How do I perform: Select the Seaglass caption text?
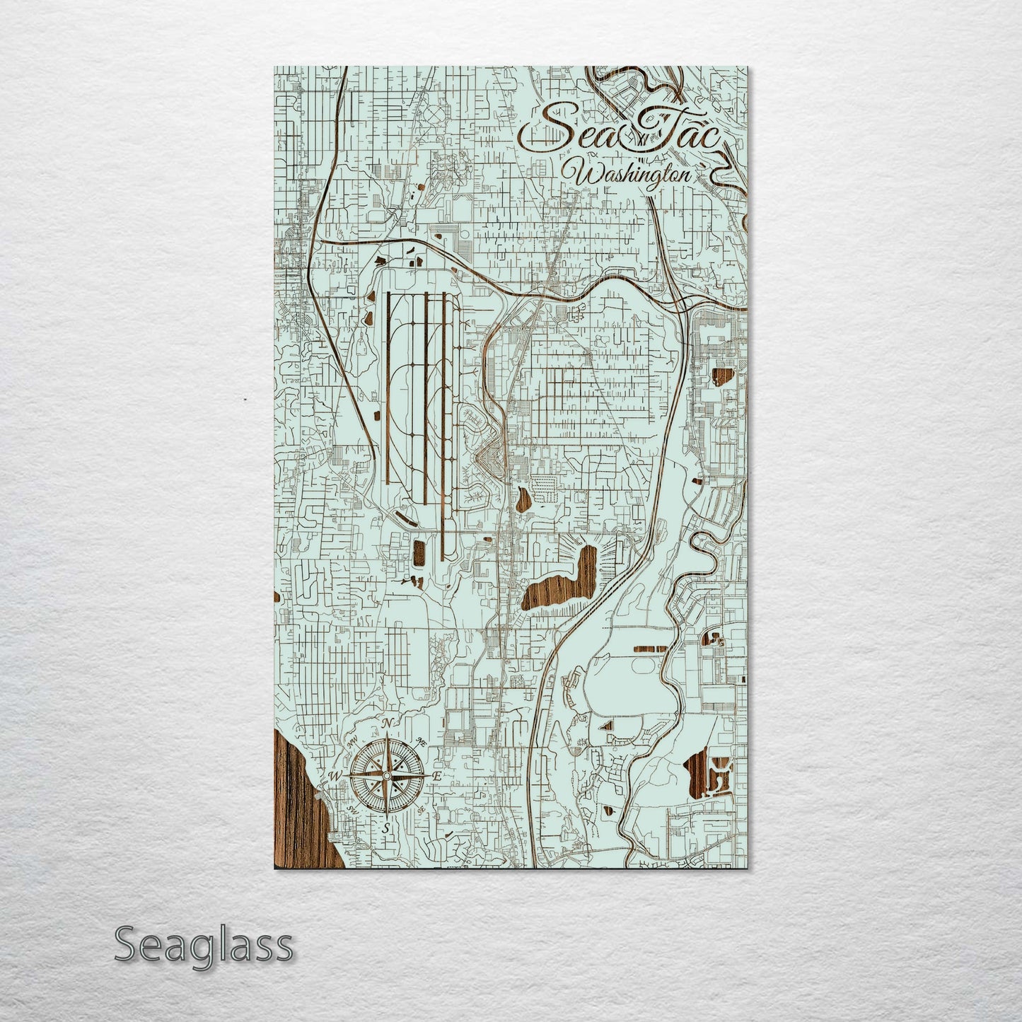click(x=203, y=945)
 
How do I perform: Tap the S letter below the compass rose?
click(x=387, y=828)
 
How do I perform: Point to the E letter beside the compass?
click(x=437, y=777)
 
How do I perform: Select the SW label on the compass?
click(x=353, y=808)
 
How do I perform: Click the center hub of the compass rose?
click(x=387, y=776)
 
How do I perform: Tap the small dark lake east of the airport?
click(x=524, y=501)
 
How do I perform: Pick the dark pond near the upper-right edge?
click(x=723, y=375)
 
